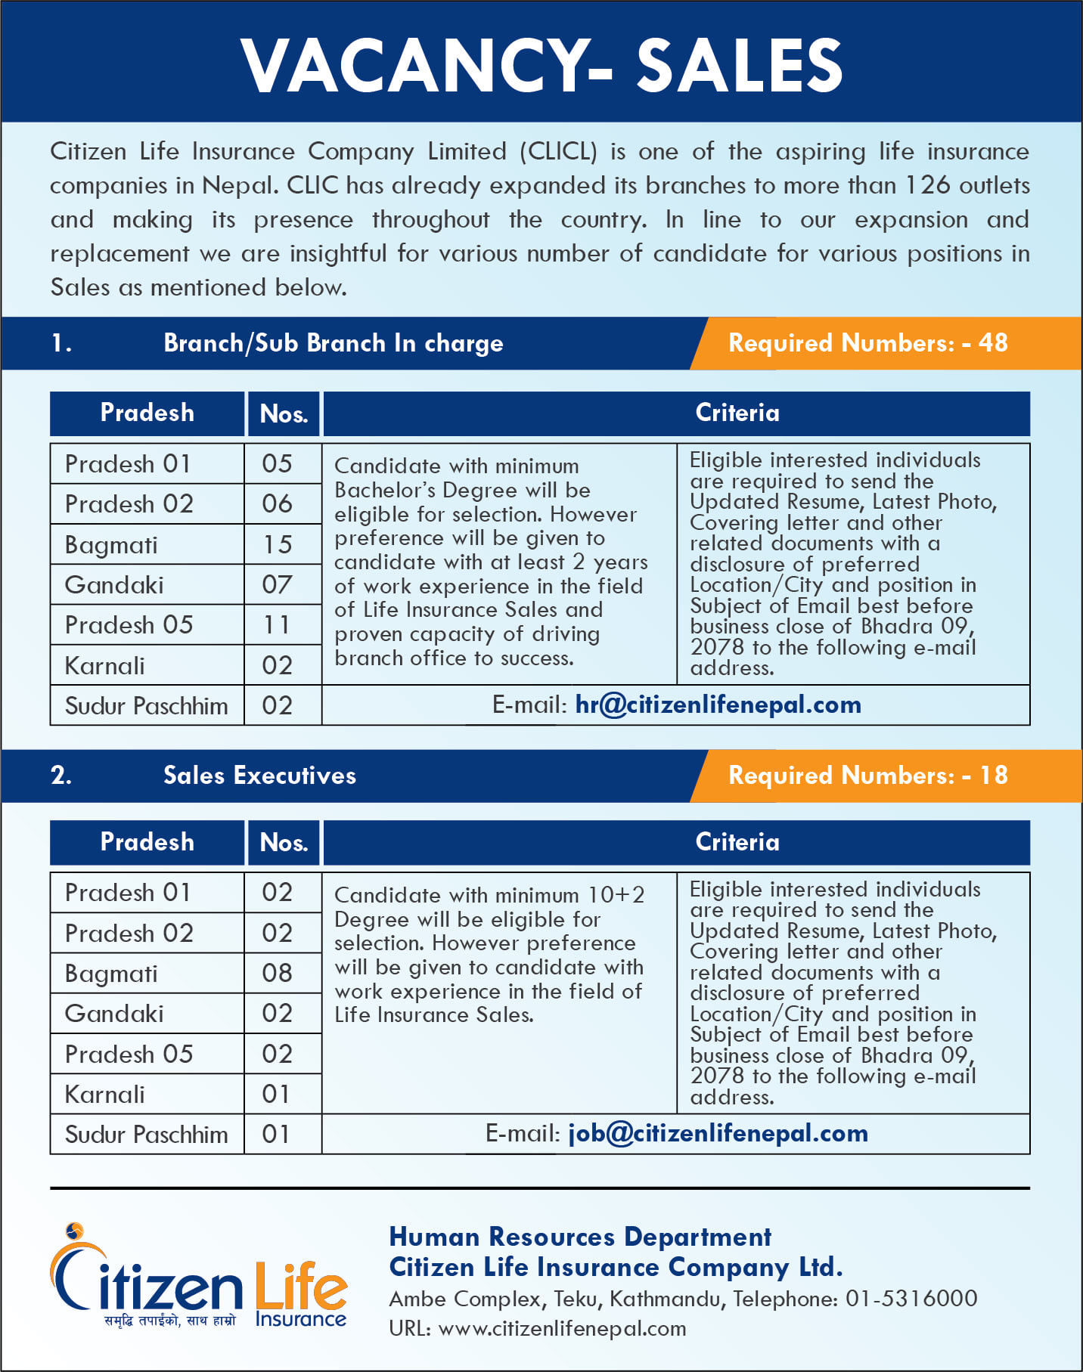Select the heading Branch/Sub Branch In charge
[333, 343]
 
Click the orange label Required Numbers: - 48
[867, 343]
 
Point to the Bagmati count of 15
[278, 544]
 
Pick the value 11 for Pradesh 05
[277, 625]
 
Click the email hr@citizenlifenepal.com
[718, 705]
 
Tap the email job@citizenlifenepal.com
[718, 1133]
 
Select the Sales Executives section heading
[259, 776]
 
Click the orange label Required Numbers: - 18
[867, 776]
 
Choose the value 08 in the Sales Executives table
[277, 973]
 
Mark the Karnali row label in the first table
[105, 665]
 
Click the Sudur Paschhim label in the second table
[146, 1135]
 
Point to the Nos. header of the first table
[284, 414]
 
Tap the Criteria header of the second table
[737, 842]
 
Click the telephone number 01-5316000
[911, 1299]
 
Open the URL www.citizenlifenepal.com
[562, 1328]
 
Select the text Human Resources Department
[580, 1237]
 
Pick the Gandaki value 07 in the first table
[277, 584]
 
